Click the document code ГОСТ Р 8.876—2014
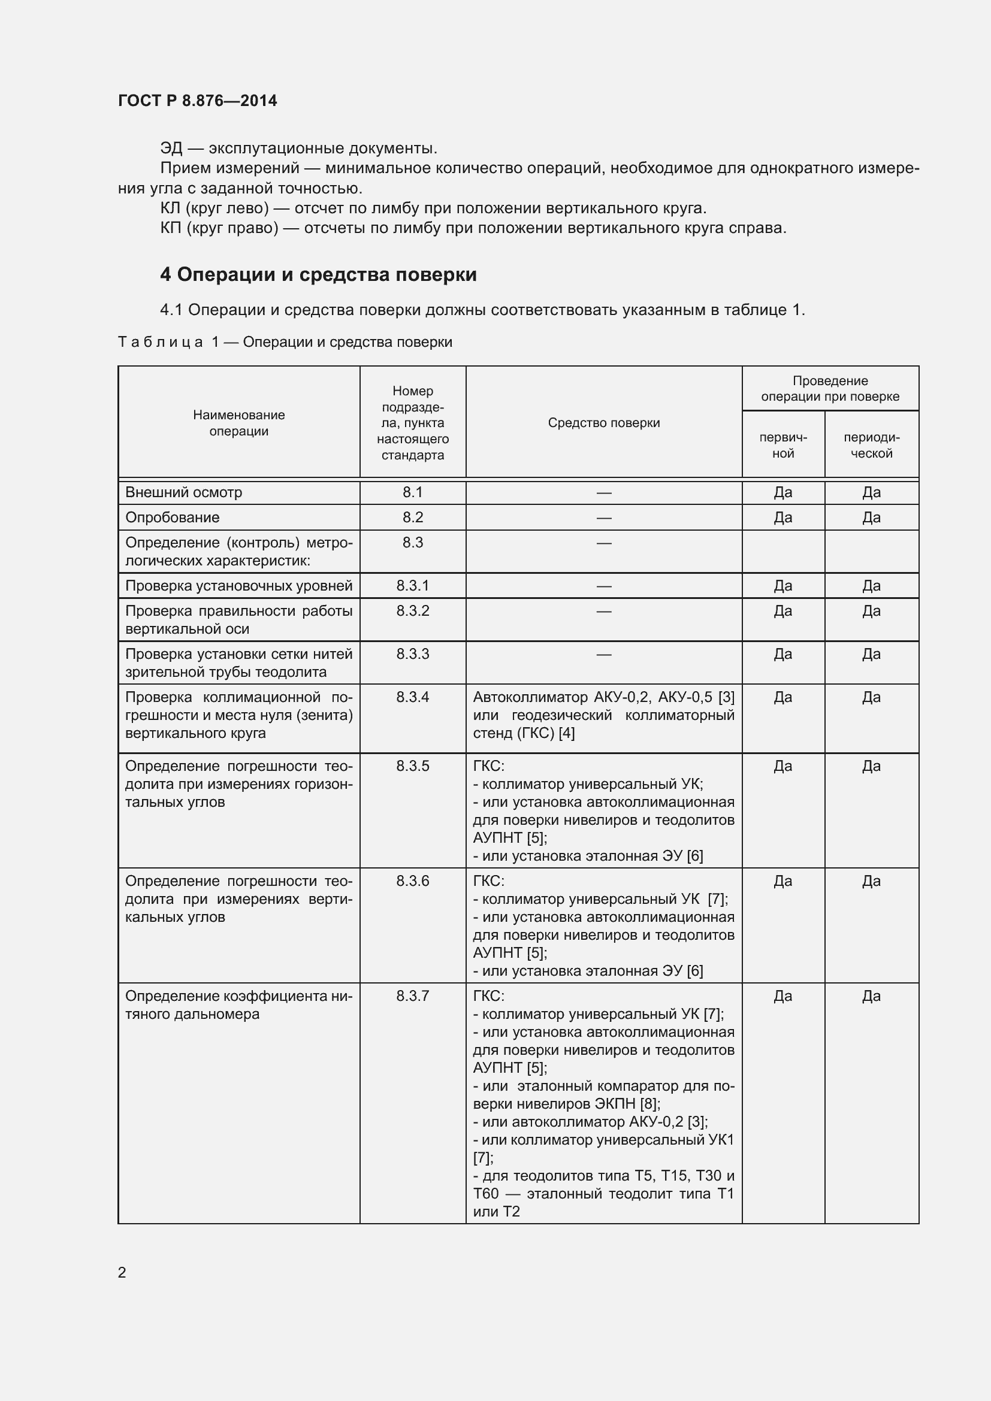197,101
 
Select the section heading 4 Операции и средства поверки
318,274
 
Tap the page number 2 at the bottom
122,1272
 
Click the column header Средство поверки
603,423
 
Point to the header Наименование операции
238,423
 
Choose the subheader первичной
783,446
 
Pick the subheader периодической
871,446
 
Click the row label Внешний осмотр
184,492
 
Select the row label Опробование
172,518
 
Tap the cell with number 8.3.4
412,697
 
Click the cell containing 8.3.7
412,996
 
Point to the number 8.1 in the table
412,492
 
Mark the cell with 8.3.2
412,611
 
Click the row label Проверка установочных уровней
238,586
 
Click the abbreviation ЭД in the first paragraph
171,149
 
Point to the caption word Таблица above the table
160,343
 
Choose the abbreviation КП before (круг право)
171,228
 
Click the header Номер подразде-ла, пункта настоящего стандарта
412,423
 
